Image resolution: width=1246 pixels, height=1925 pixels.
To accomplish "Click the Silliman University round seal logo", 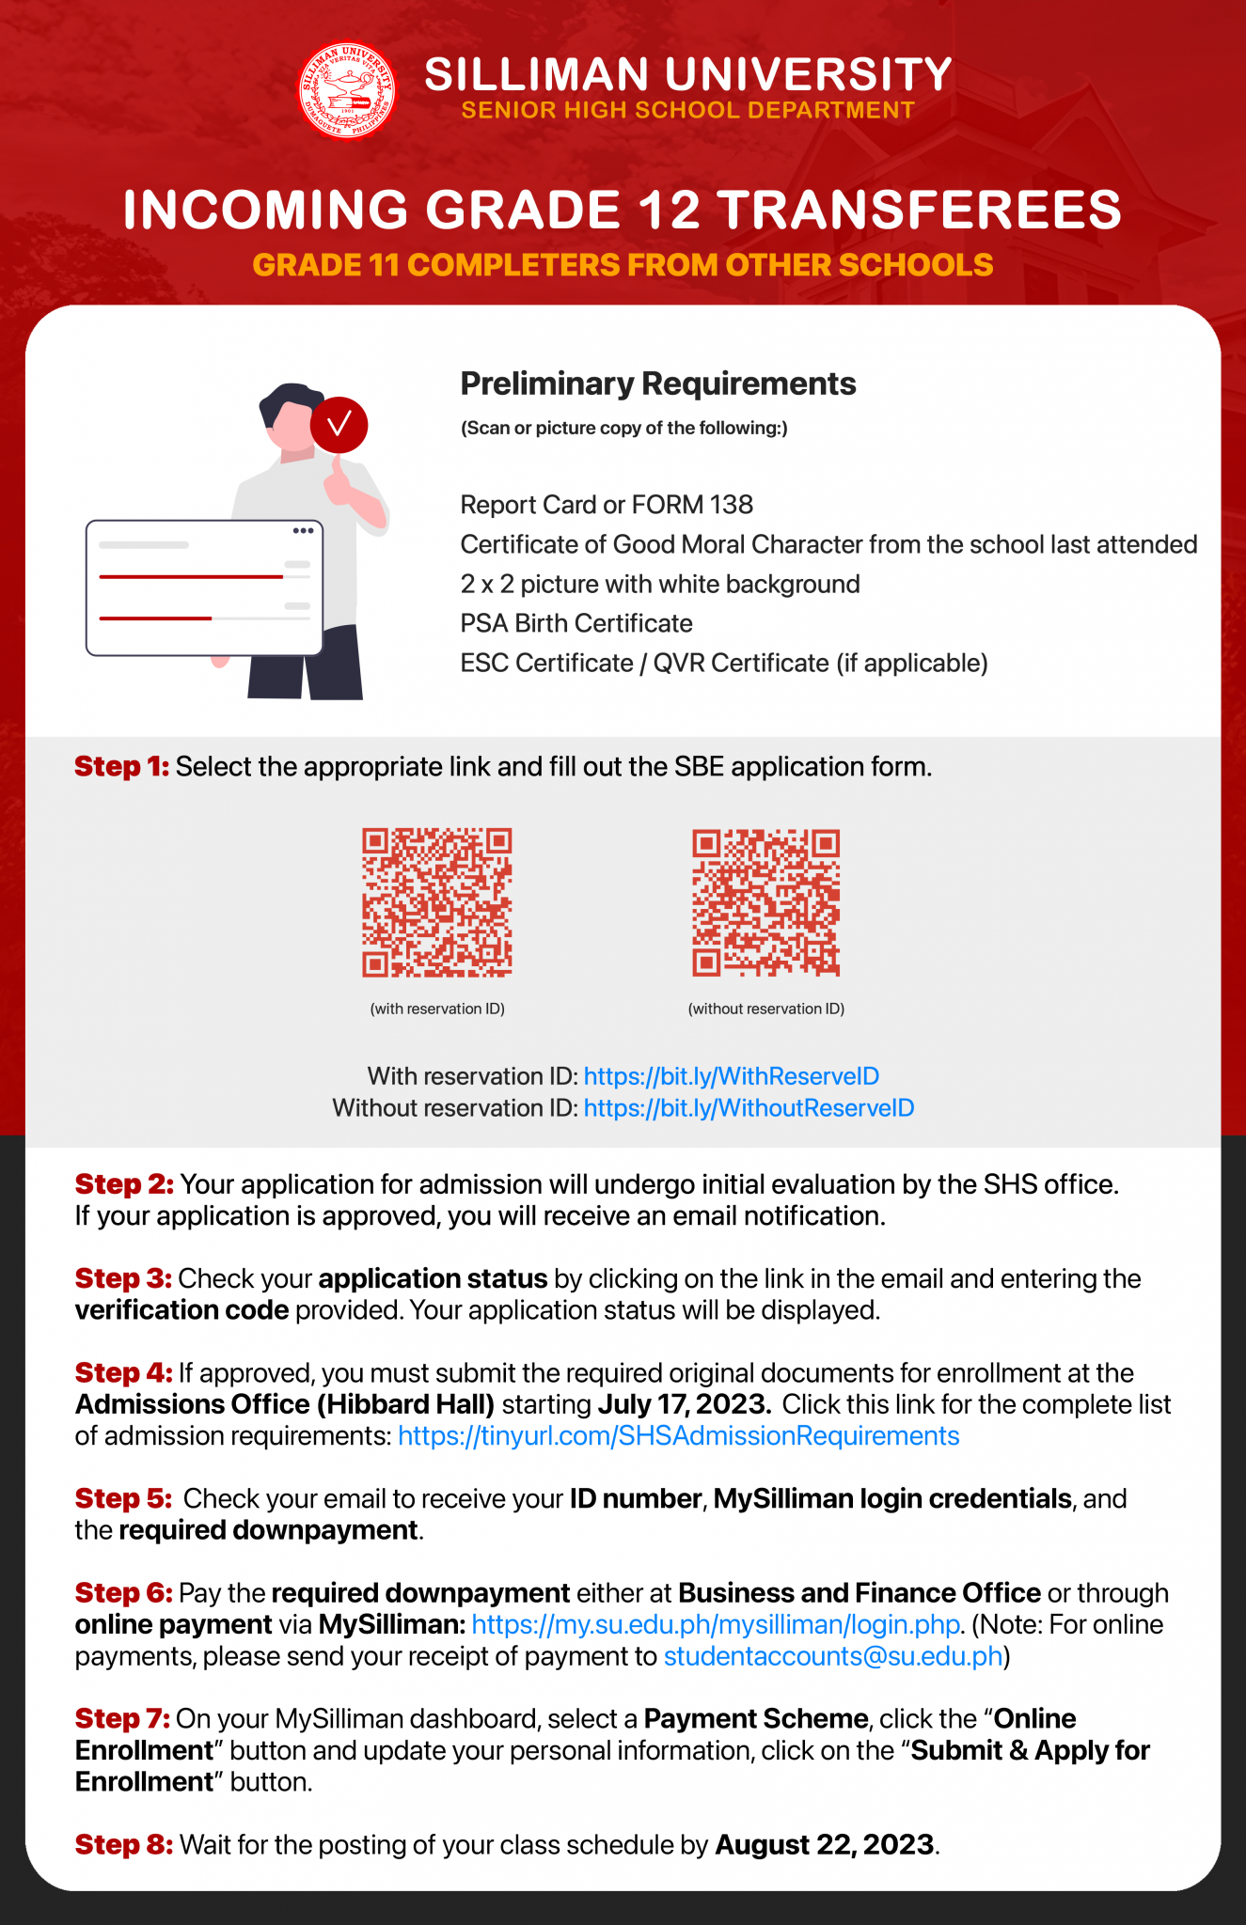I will pyautogui.click(x=347, y=91).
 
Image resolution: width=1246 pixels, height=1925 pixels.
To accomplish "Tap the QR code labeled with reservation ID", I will pyautogui.click(x=437, y=902).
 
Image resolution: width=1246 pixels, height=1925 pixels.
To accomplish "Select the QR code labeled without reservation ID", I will pyautogui.click(x=765, y=902).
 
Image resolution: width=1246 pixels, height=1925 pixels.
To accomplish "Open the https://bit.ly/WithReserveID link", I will pyautogui.click(x=731, y=1076).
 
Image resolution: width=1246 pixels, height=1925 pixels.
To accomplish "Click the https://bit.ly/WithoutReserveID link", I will pyautogui.click(x=749, y=1108).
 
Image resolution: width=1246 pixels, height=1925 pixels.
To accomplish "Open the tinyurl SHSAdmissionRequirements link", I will pyautogui.click(x=678, y=1436).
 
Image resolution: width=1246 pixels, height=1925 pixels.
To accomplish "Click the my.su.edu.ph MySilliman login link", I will pyautogui.click(x=715, y=1625).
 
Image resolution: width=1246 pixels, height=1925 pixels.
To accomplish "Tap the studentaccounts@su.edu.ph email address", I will pyautogui.click(x=833, y=1656).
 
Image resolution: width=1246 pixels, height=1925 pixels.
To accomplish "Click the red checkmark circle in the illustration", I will pyautogui.click(x=339, y=424).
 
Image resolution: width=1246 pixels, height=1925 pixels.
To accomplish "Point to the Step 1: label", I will pyautogui.click(x=121, y=767).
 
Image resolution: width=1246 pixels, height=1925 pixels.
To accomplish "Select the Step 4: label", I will pyautogui.click(x=123, y=1373).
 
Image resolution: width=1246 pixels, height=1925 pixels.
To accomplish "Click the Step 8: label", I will pyautogui.click(x=123, y=1845).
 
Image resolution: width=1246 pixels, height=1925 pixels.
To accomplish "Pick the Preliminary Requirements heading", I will pyautogui.click(x=657, y=383).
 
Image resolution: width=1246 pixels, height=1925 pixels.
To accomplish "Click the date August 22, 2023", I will pyautogui.click(x=824, y=1845).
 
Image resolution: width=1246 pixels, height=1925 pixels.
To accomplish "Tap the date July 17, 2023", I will pyautogui.click(x=684, y=1404).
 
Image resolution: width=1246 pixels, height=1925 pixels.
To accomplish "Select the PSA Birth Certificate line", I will pyautogui.click(x=576, y=623).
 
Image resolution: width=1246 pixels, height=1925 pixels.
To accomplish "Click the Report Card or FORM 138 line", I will pyautogui.click(x=607, y=505).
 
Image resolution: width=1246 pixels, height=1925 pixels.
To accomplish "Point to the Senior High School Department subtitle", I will pyautogui.click(x=687, y=110).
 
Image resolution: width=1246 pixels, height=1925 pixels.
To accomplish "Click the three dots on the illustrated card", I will pyautogui.click(x=303, y=531).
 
